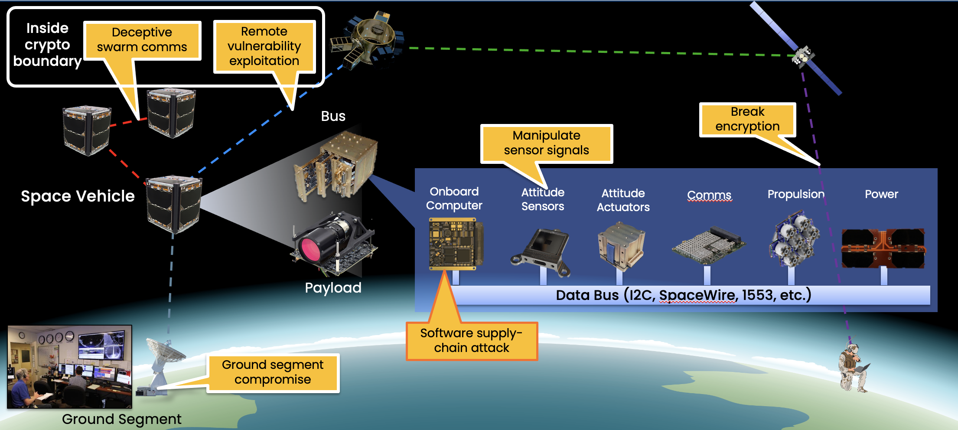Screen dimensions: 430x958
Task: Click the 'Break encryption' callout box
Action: [747, 119]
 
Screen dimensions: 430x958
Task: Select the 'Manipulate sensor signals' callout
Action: [546, 143]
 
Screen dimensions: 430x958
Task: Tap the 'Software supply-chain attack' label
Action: [472, 341]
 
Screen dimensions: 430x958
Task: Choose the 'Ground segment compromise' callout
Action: [273, 372]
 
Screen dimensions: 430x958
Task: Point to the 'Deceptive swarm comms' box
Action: [142, 40]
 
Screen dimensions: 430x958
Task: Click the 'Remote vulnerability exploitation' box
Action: [264, 46]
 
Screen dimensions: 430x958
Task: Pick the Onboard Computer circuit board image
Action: [455, 243]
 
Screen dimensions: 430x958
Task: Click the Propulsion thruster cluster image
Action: [794, 238]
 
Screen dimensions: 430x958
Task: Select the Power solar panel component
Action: [883, 248]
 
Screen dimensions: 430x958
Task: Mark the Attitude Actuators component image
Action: [621, 245]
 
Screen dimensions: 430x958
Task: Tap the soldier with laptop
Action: [852, 367]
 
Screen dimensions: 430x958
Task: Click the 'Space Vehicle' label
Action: [78, 196]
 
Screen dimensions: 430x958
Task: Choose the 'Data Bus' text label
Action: [683, 295]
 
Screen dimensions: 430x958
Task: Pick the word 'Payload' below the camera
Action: [333, 288]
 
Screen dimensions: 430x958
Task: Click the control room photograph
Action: [70, 367]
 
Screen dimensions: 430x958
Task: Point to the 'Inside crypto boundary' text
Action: [47, 45]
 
